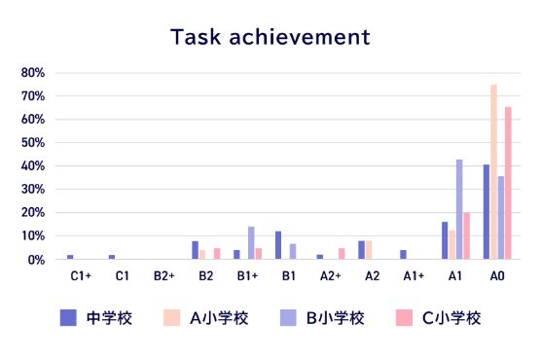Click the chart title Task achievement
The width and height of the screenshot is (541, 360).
tap(270, 37)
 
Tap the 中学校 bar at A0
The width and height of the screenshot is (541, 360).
tap(487, 211)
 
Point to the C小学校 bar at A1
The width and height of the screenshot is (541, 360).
tap(466, 235)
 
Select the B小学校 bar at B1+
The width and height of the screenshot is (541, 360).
tap(251, 242)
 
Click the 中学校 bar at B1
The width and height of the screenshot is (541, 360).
tap(278, 244)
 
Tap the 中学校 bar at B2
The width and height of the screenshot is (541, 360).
tap(195, 249)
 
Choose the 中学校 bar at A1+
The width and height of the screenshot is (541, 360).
tap(403, 254)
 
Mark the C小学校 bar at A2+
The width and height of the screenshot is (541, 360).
tap(342, 253)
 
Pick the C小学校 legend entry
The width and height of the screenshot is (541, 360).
tap(443, 318)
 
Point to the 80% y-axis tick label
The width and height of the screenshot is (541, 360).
tap(33, 73)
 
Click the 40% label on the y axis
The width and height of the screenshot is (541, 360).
tap(33, 166)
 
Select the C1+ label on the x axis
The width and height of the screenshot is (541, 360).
tap(81, 276)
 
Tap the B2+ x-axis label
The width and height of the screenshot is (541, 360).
tap(163, 276)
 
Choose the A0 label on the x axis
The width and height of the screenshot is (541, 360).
tap(497, 276)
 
